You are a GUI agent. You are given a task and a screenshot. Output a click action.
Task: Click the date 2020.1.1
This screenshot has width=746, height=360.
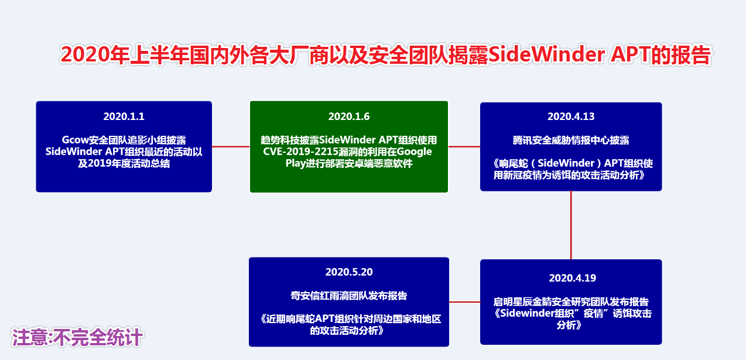[124, 116]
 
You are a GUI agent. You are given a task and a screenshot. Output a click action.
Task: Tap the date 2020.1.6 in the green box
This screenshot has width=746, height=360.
[349, 116]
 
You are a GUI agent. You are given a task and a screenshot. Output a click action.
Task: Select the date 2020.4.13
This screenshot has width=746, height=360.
[571, 116]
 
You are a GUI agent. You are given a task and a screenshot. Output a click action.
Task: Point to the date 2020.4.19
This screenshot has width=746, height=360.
[572, 278]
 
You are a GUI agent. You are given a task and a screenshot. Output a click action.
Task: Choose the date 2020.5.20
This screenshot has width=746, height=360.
[349, 272]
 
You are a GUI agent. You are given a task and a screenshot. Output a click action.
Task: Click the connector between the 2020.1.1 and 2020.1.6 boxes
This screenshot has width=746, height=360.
[231, 146]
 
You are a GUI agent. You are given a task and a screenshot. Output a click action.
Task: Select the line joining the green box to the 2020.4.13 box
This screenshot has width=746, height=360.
[464, 146]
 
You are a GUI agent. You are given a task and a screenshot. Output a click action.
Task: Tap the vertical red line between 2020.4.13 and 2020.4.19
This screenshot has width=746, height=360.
[571, 225]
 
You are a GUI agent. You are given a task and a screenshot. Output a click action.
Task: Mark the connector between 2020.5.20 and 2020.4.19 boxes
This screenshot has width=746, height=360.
[464, 302]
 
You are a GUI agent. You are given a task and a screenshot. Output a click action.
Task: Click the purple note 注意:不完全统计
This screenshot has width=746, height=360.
[77, 338]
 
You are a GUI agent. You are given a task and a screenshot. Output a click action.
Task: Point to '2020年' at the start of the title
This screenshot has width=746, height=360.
[85, 54]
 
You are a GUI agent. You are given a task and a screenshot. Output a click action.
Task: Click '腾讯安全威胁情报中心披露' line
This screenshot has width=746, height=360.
[571, 140]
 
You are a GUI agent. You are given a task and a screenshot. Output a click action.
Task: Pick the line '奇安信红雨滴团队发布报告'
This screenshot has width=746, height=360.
[349, 295]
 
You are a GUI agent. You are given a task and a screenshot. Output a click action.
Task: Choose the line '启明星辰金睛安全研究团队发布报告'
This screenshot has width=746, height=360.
[571, 302]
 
